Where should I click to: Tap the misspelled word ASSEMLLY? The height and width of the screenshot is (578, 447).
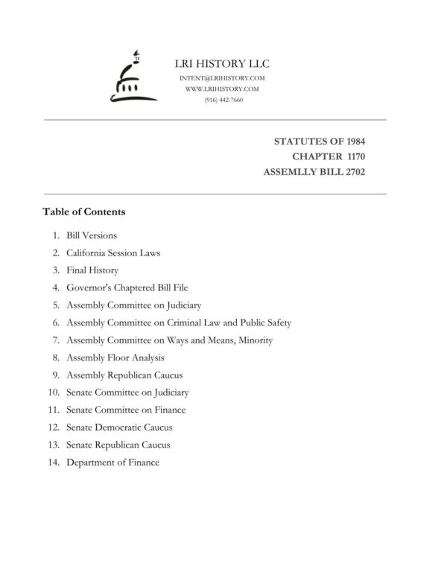[291, 172]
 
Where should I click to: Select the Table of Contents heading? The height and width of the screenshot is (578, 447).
[84, 212]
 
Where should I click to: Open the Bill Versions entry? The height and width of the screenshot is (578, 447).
[92, 235]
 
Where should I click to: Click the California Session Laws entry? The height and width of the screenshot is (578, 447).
[113, 253]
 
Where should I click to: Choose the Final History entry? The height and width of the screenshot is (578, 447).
[92, 270]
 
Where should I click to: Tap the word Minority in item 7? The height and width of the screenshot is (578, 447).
[253, 340]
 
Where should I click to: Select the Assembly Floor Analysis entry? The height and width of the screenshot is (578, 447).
[115, 358]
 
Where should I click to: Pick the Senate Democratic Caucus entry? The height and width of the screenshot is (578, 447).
[119, 428]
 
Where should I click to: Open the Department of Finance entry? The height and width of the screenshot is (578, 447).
[113, 463]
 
